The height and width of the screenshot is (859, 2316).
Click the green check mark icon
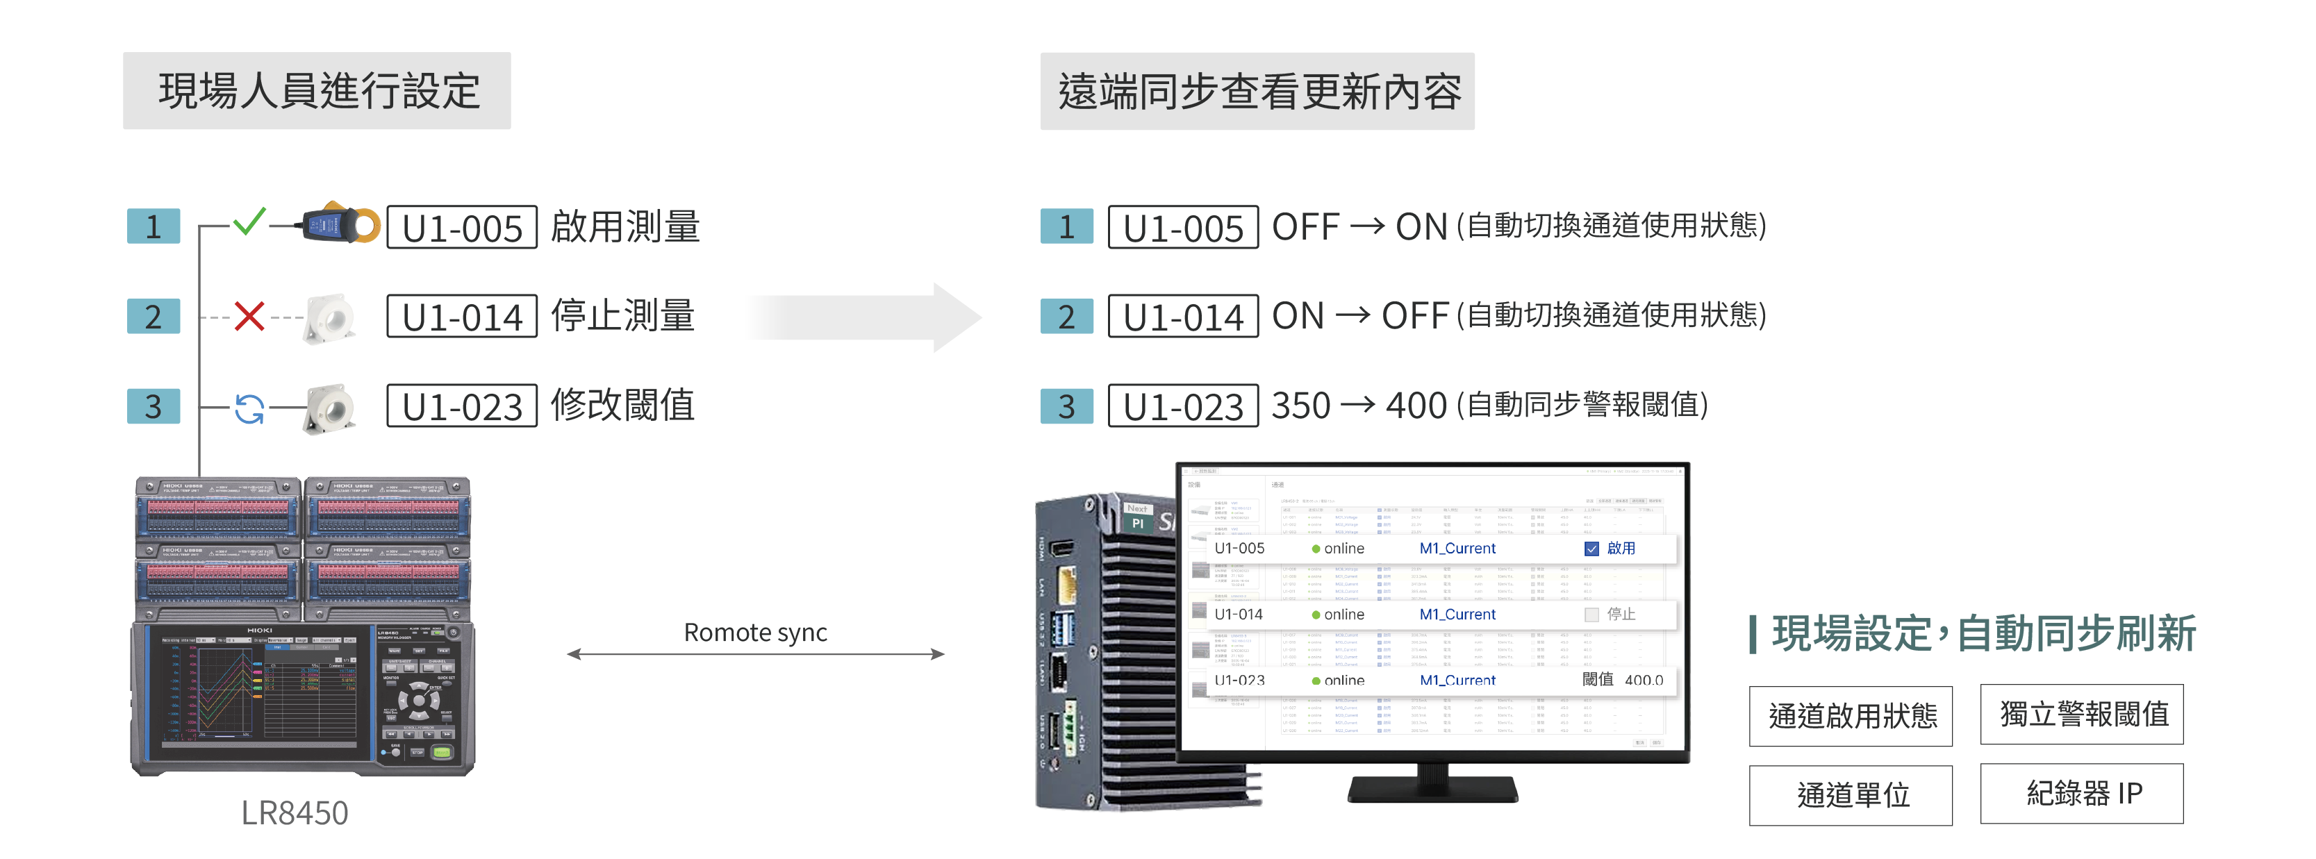249,221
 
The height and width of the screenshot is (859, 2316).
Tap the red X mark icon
249,316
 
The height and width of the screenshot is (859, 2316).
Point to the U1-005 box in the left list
462,227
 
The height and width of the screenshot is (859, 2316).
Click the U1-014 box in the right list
1182,316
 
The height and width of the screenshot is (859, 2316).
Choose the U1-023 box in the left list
462,406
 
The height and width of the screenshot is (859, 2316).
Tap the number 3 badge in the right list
1066,406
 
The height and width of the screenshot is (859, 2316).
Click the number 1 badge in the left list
154,226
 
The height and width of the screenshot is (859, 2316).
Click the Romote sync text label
755,633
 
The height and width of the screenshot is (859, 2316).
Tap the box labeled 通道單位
1851,795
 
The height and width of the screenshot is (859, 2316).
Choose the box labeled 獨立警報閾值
2081,715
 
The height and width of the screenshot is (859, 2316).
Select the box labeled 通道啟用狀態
1851,716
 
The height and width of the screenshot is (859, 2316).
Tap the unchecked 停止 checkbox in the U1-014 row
1591,615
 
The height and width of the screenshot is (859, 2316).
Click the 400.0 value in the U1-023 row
1644,681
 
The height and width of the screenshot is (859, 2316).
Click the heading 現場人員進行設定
317,91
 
